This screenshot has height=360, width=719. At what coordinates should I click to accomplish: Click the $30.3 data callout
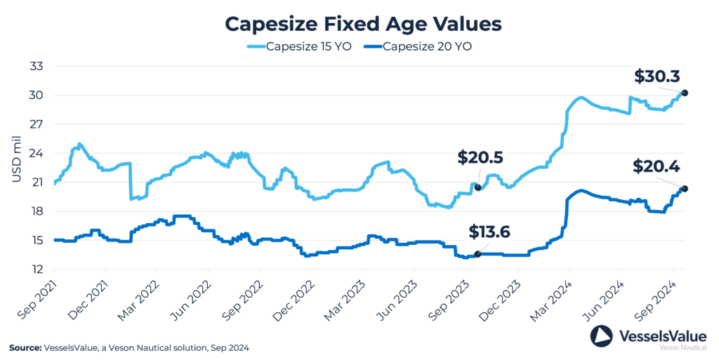point(657,76)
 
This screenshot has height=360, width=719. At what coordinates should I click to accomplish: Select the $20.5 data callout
point(481,158)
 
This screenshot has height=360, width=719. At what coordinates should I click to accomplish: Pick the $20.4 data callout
point(656,166)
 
